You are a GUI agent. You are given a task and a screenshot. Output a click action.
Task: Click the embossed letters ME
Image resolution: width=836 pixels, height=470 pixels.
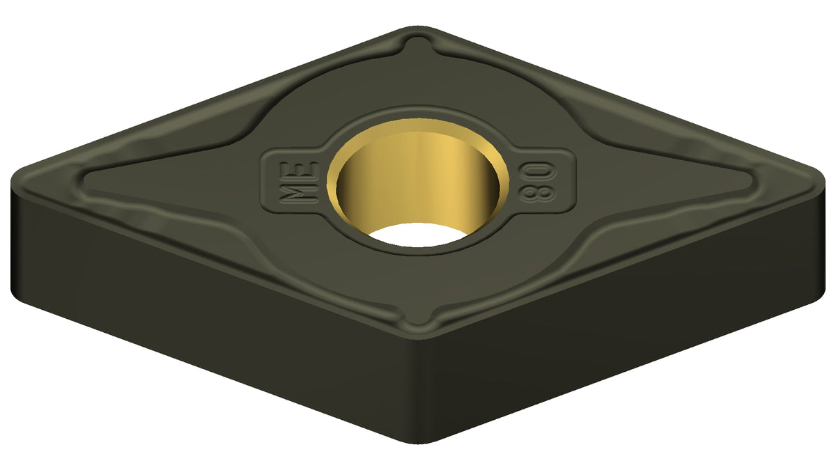click(299, 182)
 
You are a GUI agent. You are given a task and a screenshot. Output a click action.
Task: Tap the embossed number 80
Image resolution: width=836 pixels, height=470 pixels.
click(538, 182)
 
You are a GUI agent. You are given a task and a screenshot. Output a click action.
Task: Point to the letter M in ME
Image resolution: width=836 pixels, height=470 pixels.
click(299, 194)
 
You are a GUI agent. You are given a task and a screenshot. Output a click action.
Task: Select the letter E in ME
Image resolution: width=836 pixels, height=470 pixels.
click(300, 171)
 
